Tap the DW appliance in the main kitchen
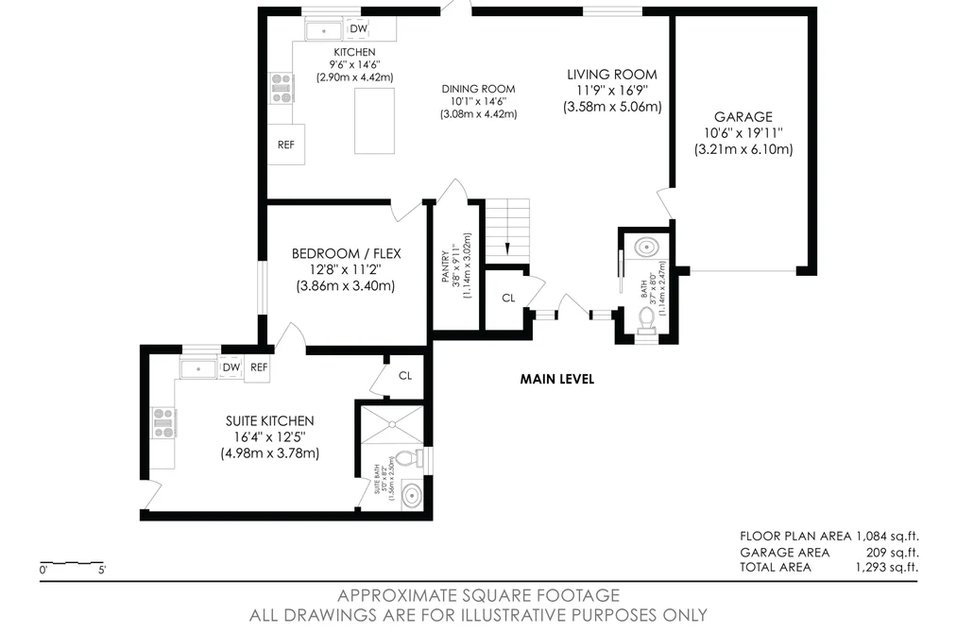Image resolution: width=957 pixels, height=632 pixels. (358, 28)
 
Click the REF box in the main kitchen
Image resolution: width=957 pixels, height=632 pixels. (286, 145)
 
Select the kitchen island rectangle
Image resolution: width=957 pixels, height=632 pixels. (375, 121)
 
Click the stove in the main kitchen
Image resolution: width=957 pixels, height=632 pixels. (282, 88)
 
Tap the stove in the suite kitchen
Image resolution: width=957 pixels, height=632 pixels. (163, 423)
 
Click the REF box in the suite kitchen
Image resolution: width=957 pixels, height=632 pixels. (258, 367)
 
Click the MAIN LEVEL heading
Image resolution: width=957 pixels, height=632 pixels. (556, 379)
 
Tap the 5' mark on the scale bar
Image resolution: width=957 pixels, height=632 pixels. (102, 571)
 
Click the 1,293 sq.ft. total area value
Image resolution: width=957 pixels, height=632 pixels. (887, 568)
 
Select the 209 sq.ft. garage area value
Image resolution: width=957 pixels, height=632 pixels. (893, 553)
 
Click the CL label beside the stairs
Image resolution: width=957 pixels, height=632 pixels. (508, 299)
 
